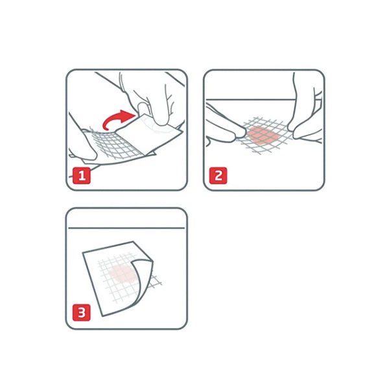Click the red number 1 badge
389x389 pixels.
[x=82, y=176]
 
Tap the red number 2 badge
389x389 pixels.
[x=218, y=176]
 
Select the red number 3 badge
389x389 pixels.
[x=82, y=312]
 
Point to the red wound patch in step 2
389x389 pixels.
[x=263, y=136]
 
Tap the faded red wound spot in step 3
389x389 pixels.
[x=123, y=274]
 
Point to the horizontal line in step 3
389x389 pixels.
[x=126, y=228]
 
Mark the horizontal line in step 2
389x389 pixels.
[x=250, y=100]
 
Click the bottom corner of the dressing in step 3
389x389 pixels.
[x=102, y=316]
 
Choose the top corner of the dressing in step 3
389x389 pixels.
[x=134, y=241]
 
